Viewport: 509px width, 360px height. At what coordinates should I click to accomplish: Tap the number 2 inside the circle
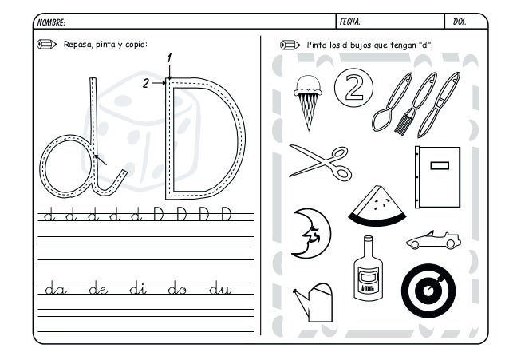pyautogui.click(x=354, y=87)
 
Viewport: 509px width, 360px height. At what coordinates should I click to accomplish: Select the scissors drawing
pyautogui.click(x=320, y=163)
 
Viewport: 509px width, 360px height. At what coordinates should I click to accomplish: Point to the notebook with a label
pyautogui.click(x=437, y=177)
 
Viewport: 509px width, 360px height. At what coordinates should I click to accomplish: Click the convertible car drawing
pyautogui.click(x=433, y=240)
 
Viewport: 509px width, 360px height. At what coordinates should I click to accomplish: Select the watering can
pyautogui.click(x=314, y=303)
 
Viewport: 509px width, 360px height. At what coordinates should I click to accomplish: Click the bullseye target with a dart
pyautogui.click(x=428, y=291)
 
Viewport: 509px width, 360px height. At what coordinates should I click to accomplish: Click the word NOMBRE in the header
pyautogui.click(x=50, y=22)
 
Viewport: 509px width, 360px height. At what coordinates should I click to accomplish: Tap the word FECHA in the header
pyautogui.click(x=349, y=22)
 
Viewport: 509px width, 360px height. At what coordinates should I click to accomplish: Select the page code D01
pyautogui.click(x=460, y=22)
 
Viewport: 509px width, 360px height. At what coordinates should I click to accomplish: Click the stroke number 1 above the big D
pyautogui.click(x=169, y=58)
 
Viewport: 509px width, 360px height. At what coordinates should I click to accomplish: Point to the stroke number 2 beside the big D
pyautogui.click(x=146, y=84)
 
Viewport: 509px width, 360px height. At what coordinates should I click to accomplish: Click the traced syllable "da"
pyautogui.click(x=56, y=288)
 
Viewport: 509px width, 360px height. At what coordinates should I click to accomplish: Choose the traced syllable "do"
pyautogui.click(x=177, y=288)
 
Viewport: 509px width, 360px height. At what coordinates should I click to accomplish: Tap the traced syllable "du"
pyautogui.click(x=220, y=288)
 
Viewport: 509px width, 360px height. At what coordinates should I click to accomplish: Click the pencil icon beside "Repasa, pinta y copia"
pyautogui.click(x=47, y=44)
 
